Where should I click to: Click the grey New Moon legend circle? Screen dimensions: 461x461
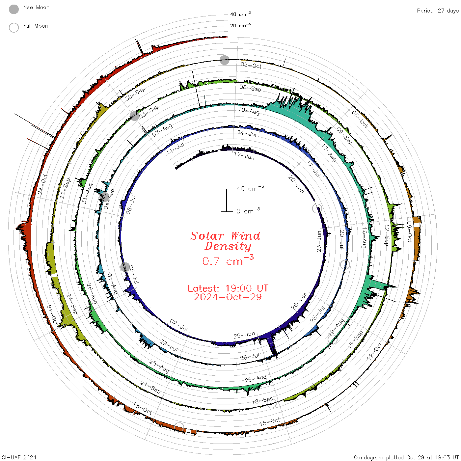coord(14,9)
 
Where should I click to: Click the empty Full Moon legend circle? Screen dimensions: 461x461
coord(14,28)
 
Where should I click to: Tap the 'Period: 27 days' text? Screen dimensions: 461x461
coord(438,11)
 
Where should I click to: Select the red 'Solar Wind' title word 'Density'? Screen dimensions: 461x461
coord(228,246)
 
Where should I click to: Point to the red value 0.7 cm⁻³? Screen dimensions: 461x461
coord(228,260)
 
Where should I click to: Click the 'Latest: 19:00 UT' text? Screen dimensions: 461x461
coord(228,288)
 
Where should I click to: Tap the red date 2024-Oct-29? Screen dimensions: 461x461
coord(228,297)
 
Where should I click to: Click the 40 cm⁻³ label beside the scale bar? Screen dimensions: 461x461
coord(250,188)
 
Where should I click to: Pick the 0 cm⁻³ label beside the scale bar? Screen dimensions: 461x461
coord(248,211)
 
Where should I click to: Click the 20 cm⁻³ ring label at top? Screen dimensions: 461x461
coord(240,25)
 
